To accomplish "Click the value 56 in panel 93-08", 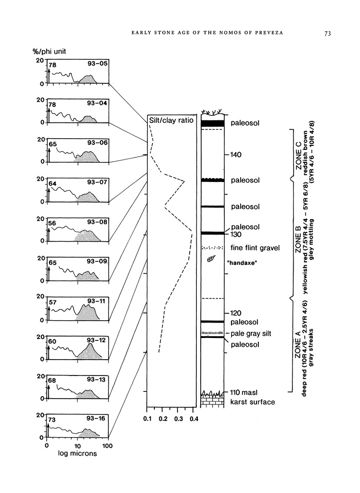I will [52, 223].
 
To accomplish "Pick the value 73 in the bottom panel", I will [52, 420].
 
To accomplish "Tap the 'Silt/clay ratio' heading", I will [172, 121].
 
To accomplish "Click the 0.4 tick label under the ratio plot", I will [193, 419].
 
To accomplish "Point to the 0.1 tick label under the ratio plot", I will [148, 419].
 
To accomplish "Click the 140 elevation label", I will [236, 155].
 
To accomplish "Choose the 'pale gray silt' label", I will [251, 333].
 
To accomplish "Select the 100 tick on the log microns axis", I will [108, 446].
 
